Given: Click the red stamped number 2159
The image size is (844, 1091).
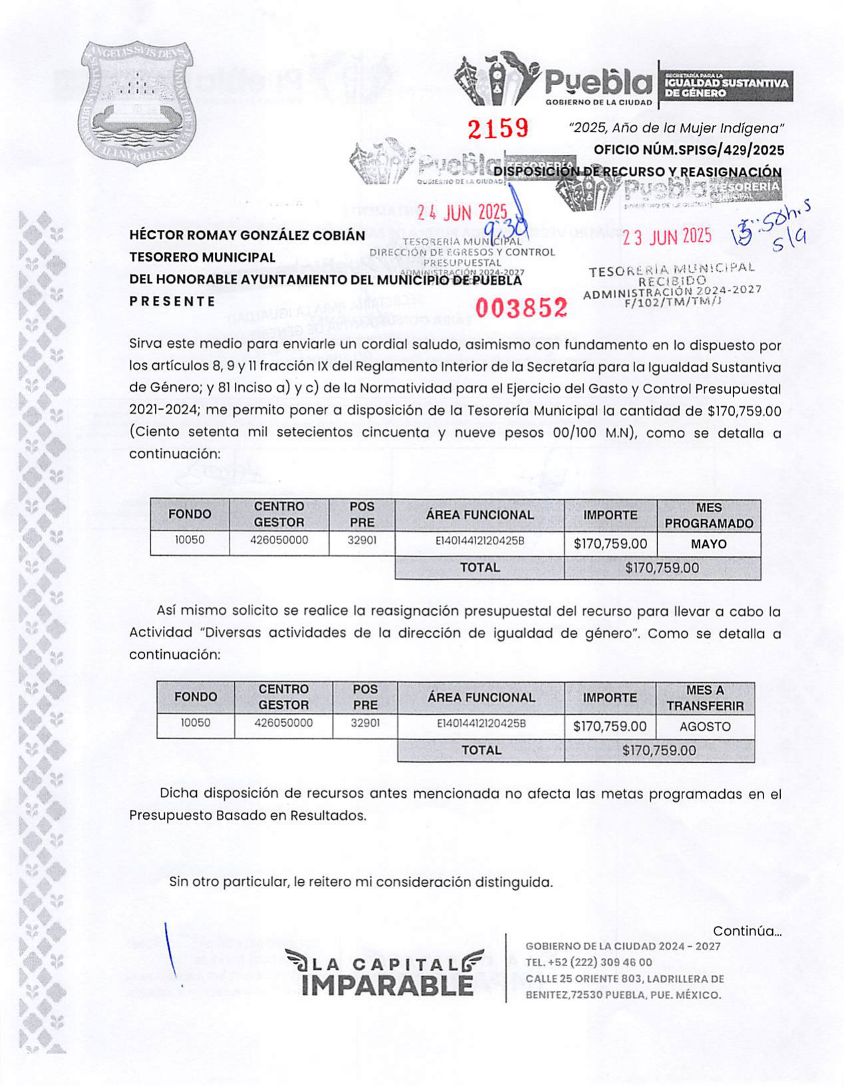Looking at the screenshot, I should click(x=497, y=128).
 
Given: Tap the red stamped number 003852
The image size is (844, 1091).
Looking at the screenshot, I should click(x=521, y=308).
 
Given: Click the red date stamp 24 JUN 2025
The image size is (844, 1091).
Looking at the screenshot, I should click(x=462, y=213).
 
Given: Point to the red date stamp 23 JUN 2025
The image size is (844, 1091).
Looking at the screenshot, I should click(x=666, y=237).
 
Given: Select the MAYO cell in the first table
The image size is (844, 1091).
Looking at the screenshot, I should click(x=708, y=544).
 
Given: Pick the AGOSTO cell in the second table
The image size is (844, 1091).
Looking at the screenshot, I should click(x=705, y=727).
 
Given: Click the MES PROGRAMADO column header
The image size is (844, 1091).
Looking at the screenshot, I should click(x=708, y=515).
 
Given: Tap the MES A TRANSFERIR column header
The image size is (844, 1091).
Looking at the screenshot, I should click(x=705, y=698).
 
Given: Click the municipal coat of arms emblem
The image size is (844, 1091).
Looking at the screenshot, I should click(x=138, y=103).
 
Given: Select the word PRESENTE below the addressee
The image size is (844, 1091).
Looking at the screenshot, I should click(x=172, y=301).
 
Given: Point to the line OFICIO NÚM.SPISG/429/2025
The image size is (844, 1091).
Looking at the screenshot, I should click(x=688, y=150).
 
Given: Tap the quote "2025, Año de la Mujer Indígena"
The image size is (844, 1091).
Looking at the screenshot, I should click(x=677, y=128).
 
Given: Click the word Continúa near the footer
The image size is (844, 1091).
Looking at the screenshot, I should click(x=746, y=931).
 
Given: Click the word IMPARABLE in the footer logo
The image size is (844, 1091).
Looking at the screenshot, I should click(x=386, y=985).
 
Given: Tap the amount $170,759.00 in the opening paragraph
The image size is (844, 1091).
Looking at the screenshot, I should click(x=744, y=411).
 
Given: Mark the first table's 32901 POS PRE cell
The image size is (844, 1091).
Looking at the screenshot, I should click(x=362, y=541).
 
